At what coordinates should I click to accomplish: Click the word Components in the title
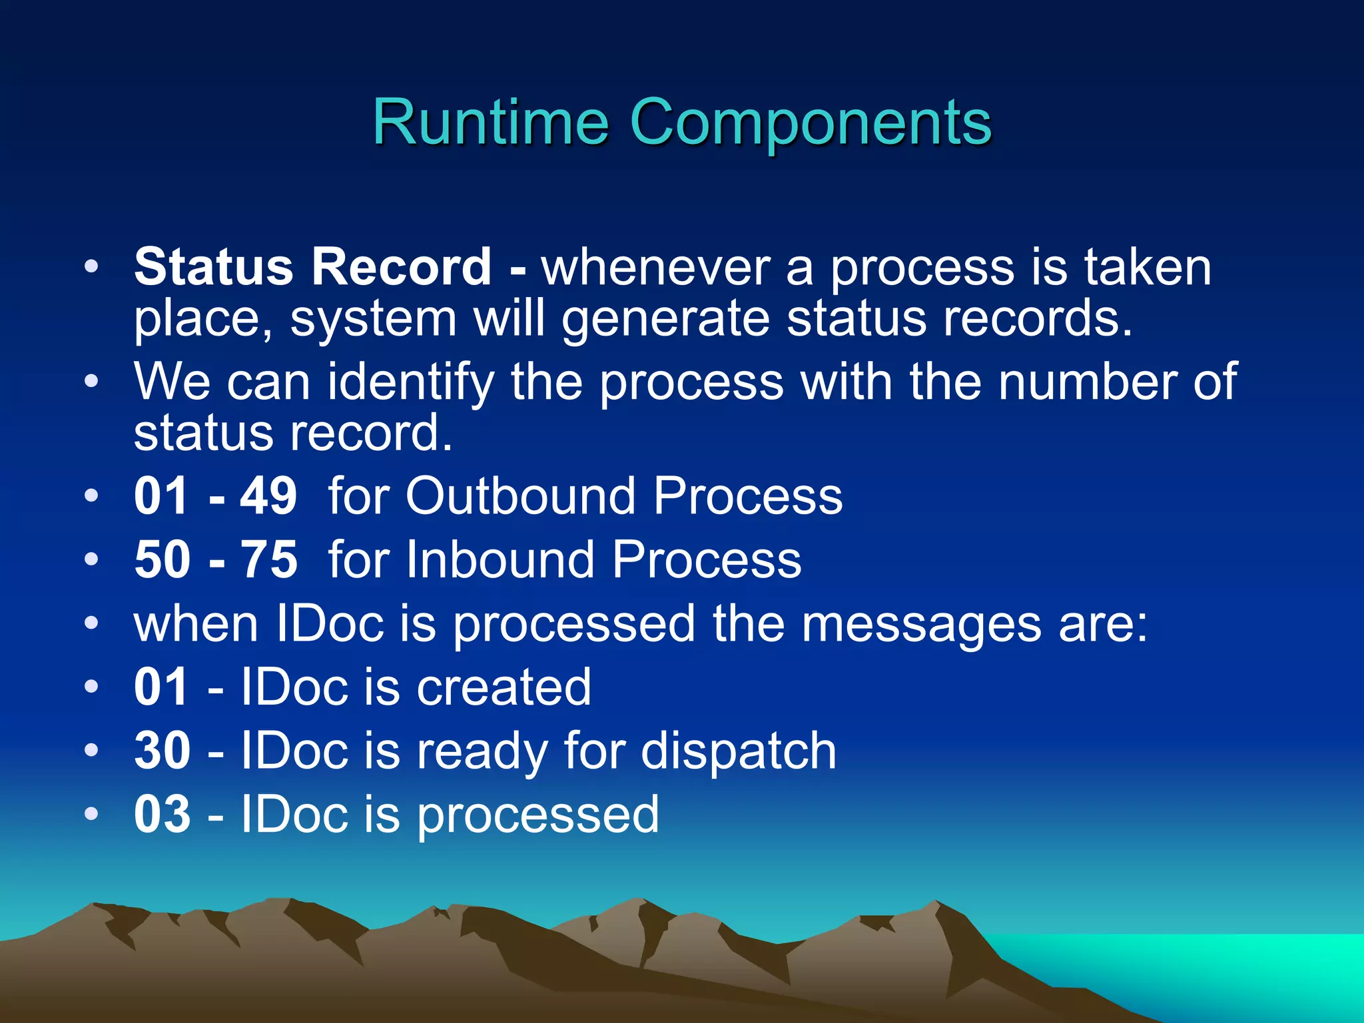810,123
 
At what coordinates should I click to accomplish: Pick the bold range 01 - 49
215,496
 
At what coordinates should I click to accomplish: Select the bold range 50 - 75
215,559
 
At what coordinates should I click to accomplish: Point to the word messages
921,624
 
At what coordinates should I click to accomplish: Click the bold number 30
162,751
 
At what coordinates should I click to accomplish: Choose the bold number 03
162,814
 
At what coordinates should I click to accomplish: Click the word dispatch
738,751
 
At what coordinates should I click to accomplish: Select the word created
504,687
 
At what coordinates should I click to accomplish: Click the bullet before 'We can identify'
91,382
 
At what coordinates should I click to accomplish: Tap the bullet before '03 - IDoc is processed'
91,813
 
